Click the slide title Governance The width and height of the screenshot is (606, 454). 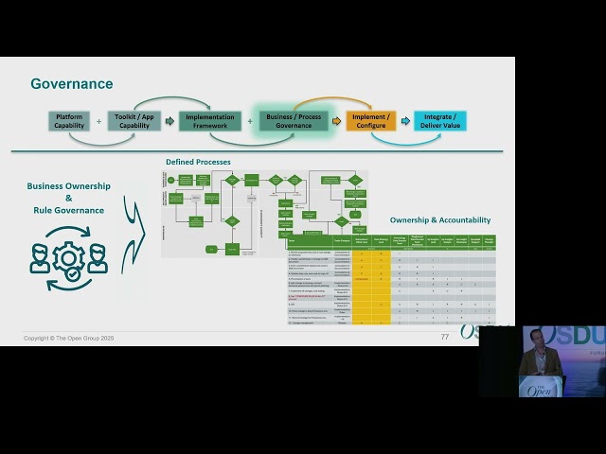72,84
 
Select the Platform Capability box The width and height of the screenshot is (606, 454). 69,121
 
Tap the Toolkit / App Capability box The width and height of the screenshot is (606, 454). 134,121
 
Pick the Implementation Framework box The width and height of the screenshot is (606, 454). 210,121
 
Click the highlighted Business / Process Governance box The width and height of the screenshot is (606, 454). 294,121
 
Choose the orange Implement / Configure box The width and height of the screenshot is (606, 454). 370,121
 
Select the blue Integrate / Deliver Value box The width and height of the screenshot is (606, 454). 439,121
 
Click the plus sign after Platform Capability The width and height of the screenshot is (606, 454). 98,121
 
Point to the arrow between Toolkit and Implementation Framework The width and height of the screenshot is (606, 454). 169,121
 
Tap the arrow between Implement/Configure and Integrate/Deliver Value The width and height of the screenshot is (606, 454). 405,121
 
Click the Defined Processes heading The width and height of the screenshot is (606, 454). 198,162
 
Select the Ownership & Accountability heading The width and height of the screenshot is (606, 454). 442,220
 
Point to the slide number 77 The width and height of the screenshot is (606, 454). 445,337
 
